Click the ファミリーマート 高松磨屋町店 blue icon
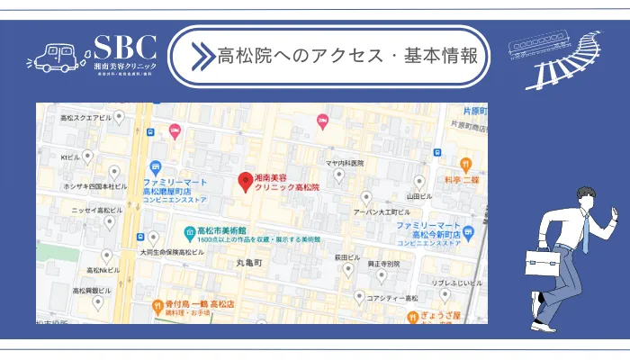(156, 166)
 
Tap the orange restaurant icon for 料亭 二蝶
(465, 164)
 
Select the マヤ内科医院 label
(344, 163)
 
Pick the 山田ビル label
(419, 195)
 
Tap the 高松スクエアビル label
(85, 118)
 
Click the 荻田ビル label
(347, 256)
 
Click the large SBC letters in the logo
(125, 48)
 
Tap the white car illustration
(53, 58)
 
